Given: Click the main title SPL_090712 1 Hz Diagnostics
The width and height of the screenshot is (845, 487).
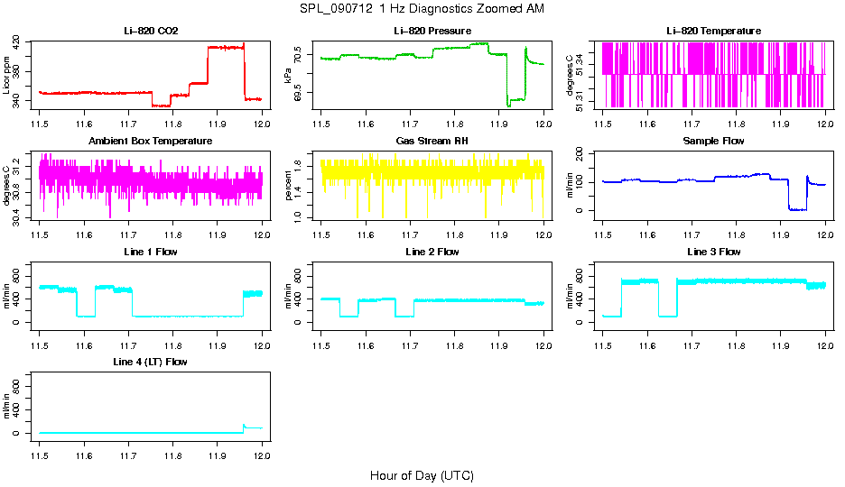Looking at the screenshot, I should click(422, 8).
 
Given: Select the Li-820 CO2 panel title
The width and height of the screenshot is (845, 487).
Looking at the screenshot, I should click(151, 31).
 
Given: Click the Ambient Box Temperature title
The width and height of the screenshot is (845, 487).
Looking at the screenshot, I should click(151, 141).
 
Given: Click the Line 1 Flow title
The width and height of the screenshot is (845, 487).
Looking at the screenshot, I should click(151, 252).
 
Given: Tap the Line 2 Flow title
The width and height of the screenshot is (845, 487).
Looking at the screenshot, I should click(432, 252).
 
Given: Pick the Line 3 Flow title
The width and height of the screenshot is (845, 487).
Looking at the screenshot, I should click(713, 252).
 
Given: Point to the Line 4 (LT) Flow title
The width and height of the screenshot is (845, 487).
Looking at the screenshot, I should click(151, 362).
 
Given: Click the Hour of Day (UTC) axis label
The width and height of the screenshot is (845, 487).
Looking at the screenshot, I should click(422, 475).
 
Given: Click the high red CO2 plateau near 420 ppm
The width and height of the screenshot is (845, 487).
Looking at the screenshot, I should click(226, 46).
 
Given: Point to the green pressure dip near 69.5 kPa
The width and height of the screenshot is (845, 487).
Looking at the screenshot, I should click(509, 104).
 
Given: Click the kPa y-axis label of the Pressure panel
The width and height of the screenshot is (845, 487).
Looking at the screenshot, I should click(288, 75).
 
